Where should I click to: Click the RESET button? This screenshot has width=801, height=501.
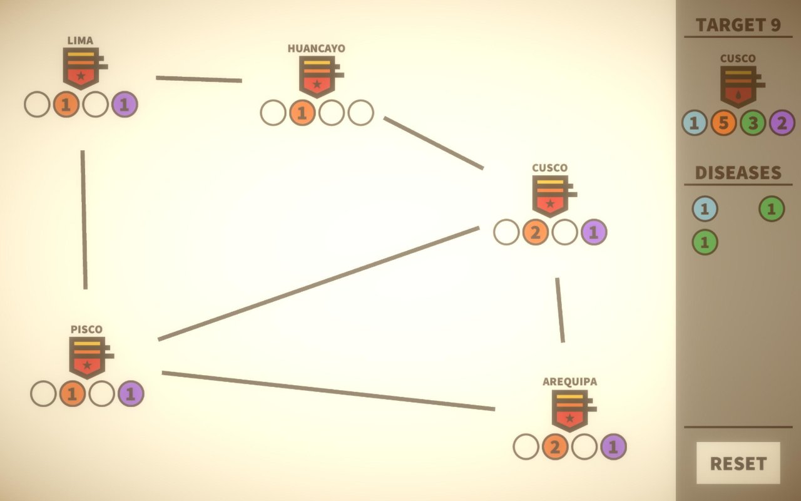click(x=738, y=463)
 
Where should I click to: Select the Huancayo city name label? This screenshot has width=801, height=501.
click(x=317, y=49)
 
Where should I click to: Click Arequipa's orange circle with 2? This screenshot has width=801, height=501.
click(x=555, y=447)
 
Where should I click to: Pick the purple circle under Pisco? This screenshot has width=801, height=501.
click(x=131, y=394)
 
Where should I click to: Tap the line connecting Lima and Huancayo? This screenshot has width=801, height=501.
click(x=199, y=79)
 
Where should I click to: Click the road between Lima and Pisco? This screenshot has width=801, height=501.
click(x=84, y=220)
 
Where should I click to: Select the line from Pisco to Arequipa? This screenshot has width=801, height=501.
click(x=329, y=391)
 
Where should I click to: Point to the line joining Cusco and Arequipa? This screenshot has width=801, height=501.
click(x=560, y=310)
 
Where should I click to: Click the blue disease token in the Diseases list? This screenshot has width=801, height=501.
click(x=705, y=209)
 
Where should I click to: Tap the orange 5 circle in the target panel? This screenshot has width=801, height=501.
click(x=723, y=123)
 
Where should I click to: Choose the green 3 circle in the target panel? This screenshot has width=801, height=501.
click(x=753, y=123)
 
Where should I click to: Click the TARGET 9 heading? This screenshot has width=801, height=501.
click(x=738, y=25)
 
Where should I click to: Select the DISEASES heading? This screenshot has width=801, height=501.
click(x=738, y=173)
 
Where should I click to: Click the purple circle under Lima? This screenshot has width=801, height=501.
click(x=125, y=105)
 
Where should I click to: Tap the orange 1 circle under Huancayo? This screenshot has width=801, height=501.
click(x=302, y=113)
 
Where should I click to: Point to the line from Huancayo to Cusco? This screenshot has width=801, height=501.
click(x=434, y=143)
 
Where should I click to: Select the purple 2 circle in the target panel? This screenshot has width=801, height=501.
click(x=782, y=123)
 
